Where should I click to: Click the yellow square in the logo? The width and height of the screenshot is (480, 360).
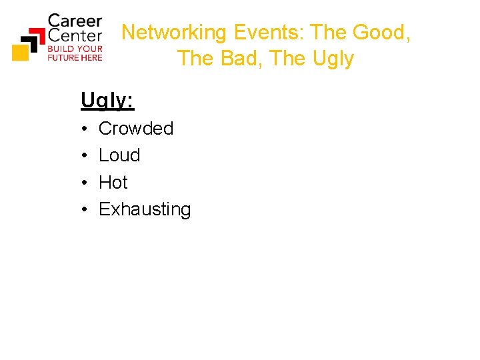(x=20, y=52)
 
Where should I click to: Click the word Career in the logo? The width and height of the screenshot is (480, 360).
(x=75, y=21)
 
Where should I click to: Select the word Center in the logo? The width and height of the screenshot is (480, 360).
(x=75, y=35)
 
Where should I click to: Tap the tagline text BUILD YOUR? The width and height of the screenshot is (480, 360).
(x=75, y=49)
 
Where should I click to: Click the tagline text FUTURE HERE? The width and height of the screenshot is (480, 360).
(x=75, y=57)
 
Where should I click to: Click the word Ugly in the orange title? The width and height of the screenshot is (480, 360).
(x=331, y=59)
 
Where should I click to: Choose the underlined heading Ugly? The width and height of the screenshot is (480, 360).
(x=107, y=100)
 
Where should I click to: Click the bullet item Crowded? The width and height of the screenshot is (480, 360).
(x=136, y=128)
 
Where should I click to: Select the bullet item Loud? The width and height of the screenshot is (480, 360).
(x=119, y=155)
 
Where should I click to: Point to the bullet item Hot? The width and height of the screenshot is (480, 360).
(x=113, y=182)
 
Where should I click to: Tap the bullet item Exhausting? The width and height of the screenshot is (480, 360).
(x=145, y=209)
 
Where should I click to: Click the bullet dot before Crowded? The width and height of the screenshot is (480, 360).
(x=85, y=129)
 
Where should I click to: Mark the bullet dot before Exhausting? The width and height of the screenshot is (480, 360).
(x=85, y=210)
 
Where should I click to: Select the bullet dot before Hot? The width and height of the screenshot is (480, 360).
(x=85, y=183)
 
